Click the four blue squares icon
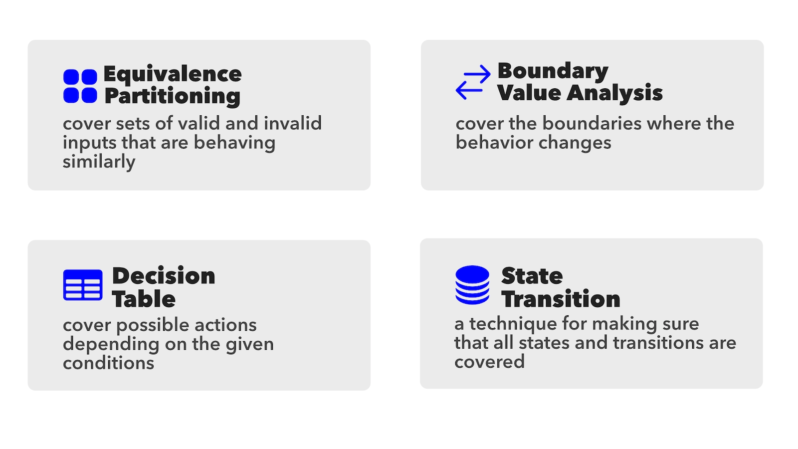pos(80,86)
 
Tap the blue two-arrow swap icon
pos(473,82)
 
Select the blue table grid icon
pos(83,285)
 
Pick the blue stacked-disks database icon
pos(472,285)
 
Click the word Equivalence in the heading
pos(173,75)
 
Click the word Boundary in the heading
pos(553,72)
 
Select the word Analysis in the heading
pos(614,93)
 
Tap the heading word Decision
pos(164,276)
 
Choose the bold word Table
pos(144,299)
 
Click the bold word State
pos(532,276)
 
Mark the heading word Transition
pos(561,299)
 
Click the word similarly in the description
pos(99,162)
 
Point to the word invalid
pos(292,123)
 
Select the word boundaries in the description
pos(592,124)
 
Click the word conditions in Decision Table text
pos(109,363)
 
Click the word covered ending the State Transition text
pos(489,362)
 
